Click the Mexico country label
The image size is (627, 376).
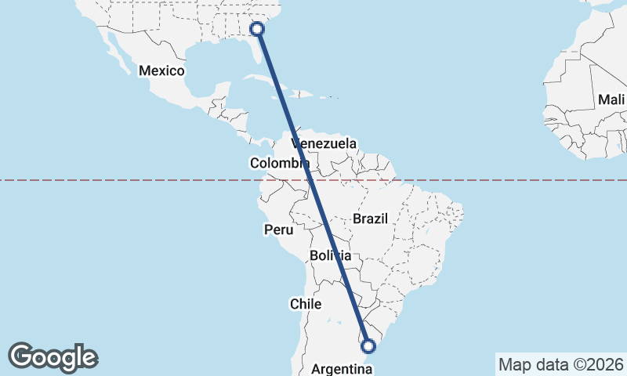pyautogui.click(x=161, y=71)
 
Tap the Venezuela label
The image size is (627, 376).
pyautogui.click(x=324, y=144)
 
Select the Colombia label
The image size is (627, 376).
pyautogui.click(x=280, y=163)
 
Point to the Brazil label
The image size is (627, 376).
pyautogui.click(x=370, y=219)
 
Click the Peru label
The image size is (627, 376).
pyautogui.click(x=278, y=230)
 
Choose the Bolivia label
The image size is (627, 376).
pyautogui.click(x=330, y=256)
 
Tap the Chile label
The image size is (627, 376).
pyautogui.click(x=306, y=303)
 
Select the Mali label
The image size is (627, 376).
pyautogui.click(x=611, y=99)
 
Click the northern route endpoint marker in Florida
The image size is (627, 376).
pyautogui.click(x=257, y=30)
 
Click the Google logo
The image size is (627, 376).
pyautogui.click(x=53, y=357)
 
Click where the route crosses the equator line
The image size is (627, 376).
pyautogui.click(x=308, y=180)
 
